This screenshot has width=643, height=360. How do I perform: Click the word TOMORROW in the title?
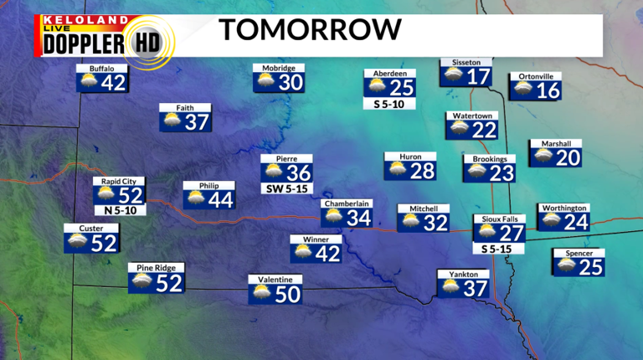coord(311,30)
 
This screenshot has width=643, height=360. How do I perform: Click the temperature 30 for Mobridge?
coord(291,83)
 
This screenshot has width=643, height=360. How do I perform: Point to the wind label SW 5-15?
coord(287,189)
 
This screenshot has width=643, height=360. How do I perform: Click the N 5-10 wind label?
coord(120,210)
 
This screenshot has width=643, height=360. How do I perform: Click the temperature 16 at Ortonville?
coord(548,90)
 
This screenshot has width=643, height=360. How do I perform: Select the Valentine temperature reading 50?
coord(287,294)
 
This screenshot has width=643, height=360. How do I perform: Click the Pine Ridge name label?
coord(157,268)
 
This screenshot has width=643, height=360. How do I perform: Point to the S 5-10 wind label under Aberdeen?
coord(389,105)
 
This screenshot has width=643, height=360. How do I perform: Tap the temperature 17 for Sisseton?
coord(478,76)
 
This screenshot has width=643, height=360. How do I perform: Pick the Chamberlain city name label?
coord(347,203)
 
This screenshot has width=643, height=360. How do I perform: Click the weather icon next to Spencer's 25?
coord(565,266)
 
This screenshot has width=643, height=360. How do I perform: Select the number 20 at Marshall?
coord(568,157)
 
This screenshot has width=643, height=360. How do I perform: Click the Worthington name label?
coord(564,208)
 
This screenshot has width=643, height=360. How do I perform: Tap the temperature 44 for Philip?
coord(220,200)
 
